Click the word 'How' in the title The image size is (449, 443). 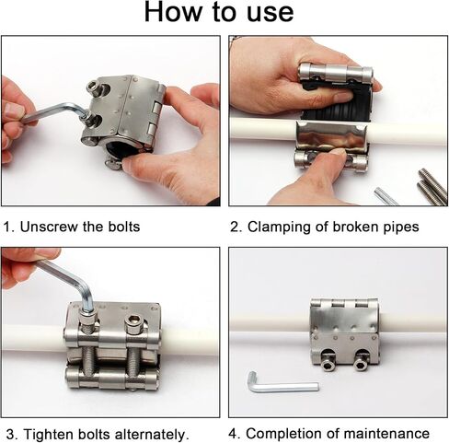173,12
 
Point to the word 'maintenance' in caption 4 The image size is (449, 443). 386,434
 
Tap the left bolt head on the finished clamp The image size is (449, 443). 328,361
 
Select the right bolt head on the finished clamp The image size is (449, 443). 361,362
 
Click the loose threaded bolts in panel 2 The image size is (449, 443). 432,186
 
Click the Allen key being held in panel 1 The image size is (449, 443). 55,113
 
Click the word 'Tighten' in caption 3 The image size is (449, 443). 49,435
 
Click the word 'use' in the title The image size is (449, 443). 271,14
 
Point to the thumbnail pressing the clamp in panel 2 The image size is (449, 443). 337,152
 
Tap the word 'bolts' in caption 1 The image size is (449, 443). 124,227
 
